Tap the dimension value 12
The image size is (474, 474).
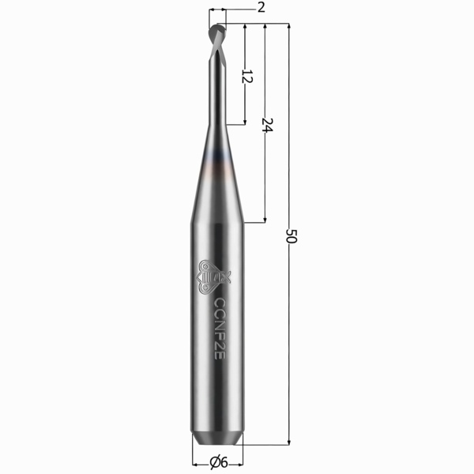click(x=246, y=77)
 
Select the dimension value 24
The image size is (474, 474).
click(x=266, y=125)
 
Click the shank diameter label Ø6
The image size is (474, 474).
click(x=219, y=462)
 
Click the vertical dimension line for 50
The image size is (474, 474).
click(x=291, y=355)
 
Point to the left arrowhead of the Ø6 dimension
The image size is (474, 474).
click(x=194, y=462)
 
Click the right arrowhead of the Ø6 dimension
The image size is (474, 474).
click(x=242, y=462)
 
